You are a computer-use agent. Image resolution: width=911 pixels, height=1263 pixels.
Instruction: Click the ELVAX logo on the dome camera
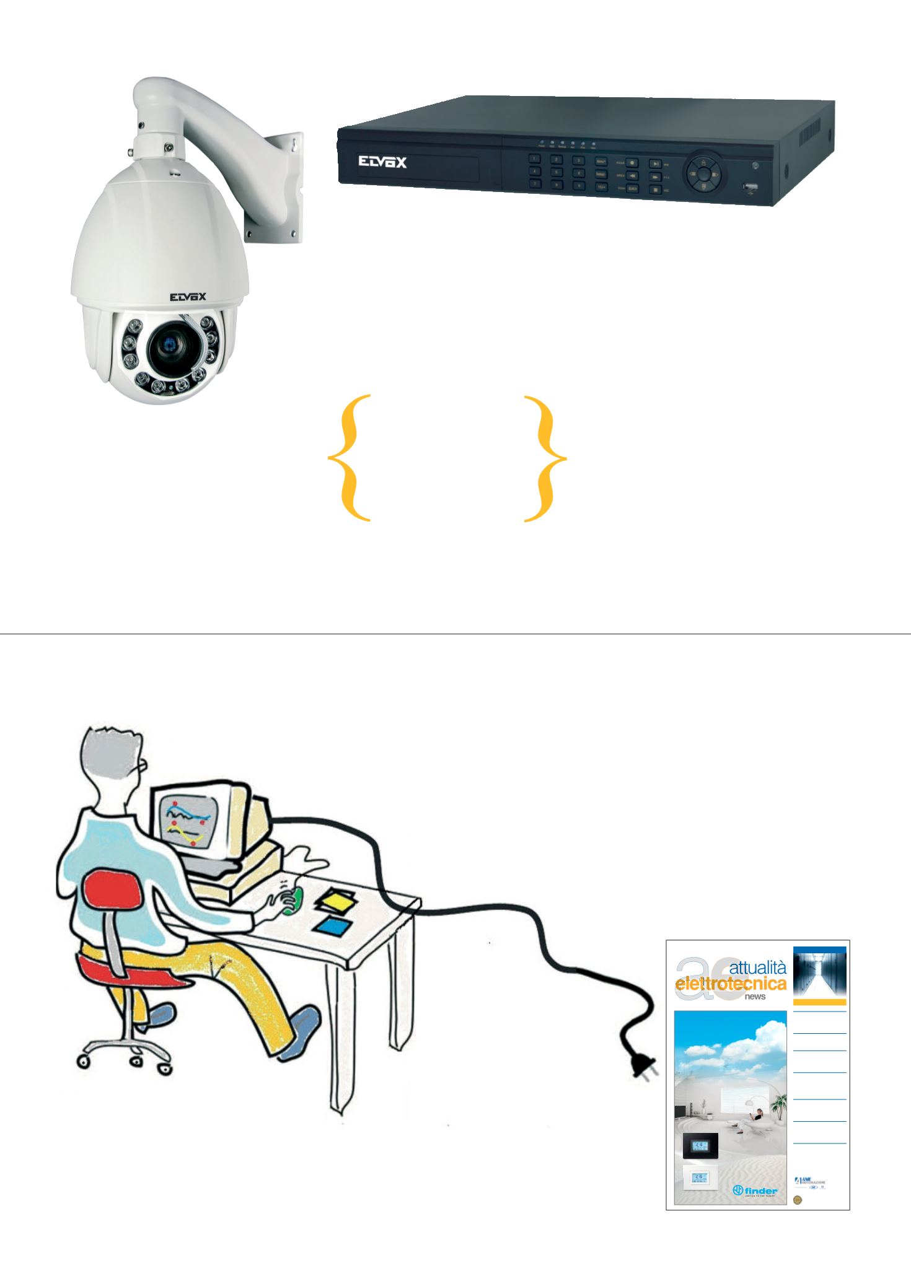188,297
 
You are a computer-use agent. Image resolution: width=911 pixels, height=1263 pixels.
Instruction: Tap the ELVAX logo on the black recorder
382,162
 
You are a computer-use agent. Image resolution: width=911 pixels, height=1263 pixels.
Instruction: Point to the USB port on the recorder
750,186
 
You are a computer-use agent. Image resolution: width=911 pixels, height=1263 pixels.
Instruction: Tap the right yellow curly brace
545,458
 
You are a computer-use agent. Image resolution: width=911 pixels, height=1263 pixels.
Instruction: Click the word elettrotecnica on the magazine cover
731,984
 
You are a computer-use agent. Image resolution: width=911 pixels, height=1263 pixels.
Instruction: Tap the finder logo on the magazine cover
755,1191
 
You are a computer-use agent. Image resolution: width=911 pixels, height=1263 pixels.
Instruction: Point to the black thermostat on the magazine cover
700,1145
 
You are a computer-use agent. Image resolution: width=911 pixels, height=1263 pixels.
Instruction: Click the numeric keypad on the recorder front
557,172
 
